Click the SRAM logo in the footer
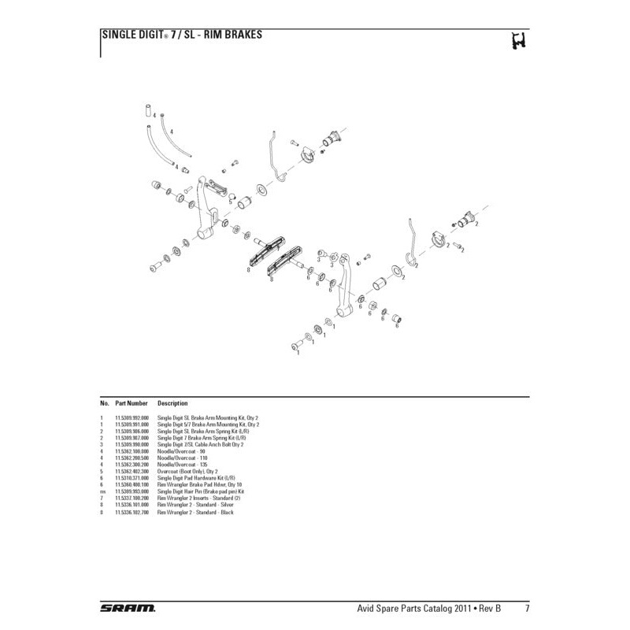(x=128, y=609)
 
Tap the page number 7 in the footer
(x=526, y=609)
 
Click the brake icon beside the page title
(x=518, y=40)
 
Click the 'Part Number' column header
(x=132, y=403)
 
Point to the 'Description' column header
(x=172, y=403)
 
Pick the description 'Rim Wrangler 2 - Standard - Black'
(x=196, y=513)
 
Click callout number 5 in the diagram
(x=230, y=201)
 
